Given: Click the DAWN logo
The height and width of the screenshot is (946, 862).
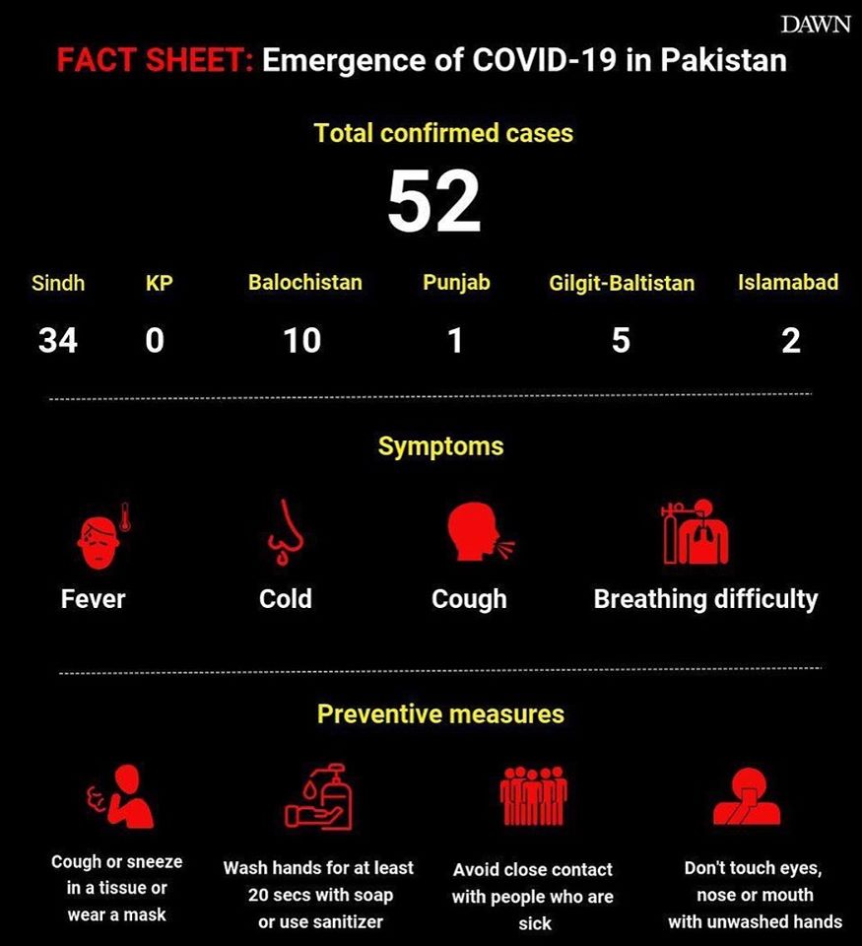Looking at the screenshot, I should (815, 25).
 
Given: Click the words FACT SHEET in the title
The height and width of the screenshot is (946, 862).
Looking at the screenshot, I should (155, 61).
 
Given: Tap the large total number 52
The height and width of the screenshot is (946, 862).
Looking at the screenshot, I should (433, 201).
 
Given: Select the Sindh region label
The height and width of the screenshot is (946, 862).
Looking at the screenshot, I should (58, 284).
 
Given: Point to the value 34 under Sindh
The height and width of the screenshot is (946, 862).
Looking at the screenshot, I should (58, 341).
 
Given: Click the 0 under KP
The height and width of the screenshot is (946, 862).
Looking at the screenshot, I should (155, 341).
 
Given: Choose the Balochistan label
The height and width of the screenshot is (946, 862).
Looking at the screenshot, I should (304, 283).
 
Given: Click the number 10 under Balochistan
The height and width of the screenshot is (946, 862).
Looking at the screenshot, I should (301, 341).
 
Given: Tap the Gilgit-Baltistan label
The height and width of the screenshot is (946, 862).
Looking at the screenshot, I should (621, 284).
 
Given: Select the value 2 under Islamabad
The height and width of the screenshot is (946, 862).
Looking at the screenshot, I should (790, 341).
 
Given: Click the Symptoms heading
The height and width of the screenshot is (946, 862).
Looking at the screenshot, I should (440, 446).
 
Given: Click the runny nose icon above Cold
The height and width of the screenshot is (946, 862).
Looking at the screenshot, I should (286, 534).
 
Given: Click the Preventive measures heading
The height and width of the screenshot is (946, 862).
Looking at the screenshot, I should (440, 713).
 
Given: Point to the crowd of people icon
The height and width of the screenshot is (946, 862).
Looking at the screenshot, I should (533, 795).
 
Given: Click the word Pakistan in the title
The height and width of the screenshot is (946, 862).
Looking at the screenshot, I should (723, 61).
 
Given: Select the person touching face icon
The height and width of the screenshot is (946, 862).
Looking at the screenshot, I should (746, 796).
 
